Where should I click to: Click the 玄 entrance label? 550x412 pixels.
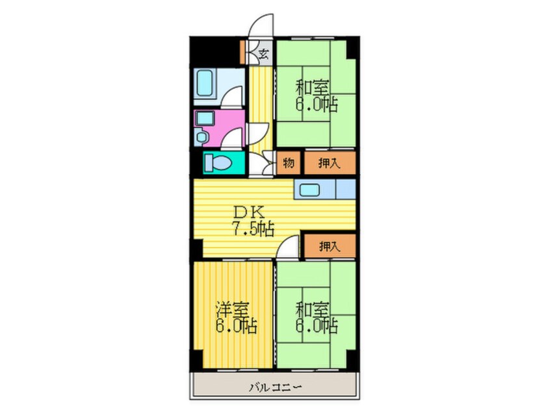263,53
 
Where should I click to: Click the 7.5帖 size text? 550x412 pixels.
253,229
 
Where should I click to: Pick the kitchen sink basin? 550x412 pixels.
308,189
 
